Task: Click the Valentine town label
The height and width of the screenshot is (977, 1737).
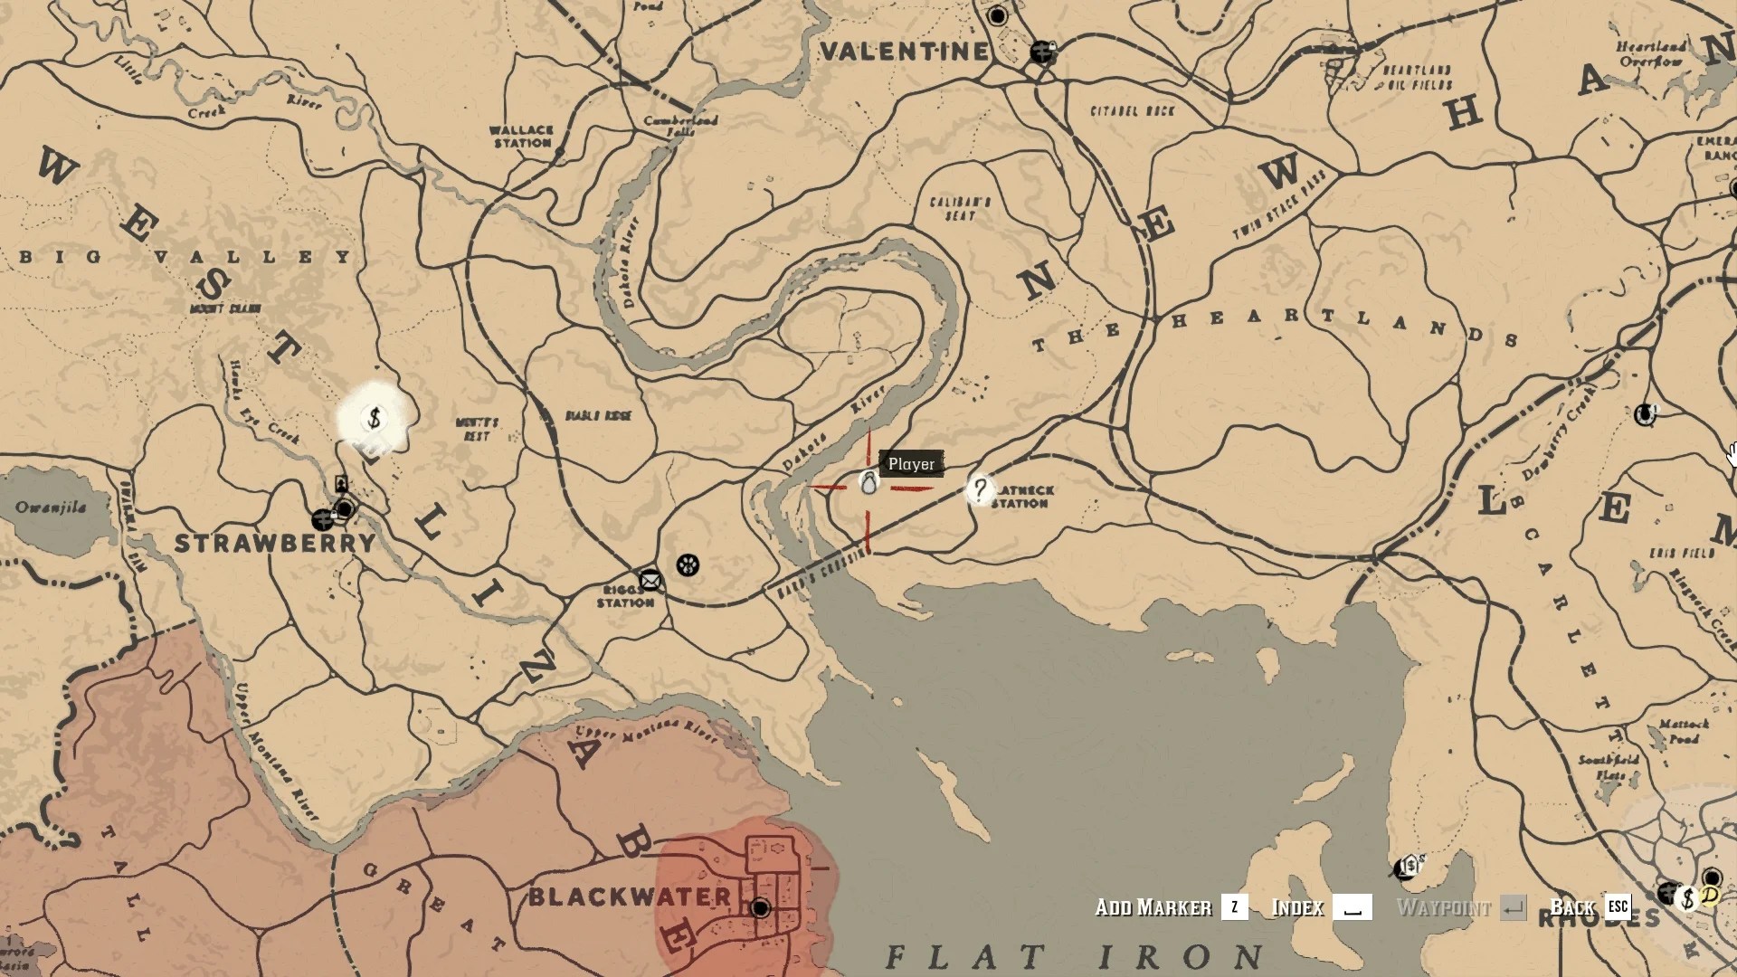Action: pyautogui.click(x=903, y=52)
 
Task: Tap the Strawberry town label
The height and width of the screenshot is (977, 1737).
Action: pyautogui.click(x=274, y=543)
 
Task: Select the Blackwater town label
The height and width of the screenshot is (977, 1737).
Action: pyautogui.click(x=630, y=897)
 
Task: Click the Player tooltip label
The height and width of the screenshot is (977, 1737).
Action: pyautogui.click(x=911, y=464)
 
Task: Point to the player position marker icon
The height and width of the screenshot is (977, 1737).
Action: pyautogui.click(x=868, y=484)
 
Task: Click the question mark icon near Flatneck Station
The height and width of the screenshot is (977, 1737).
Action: pyautogui.click(x=980, y=489)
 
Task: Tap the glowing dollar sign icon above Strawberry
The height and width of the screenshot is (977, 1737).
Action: pyautogui.click(x=375, y=419)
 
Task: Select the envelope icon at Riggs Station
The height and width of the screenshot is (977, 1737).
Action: pyautogui.click(x=650, y=580)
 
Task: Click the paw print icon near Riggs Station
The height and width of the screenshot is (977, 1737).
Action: pyautogui.click(x=688, y=565)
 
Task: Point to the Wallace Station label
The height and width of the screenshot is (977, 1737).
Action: pyautogui.click(x=521, y=137)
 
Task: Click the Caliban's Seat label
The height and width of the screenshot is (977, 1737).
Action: pyautogui.click(x=960, y=208)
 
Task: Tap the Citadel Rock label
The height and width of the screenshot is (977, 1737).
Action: pyautogui.click(x=1132, y=110)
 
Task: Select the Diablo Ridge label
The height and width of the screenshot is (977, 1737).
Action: pyautogui.click(x=598, y=415)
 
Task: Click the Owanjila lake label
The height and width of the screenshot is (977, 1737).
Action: pyautogui.click(x=51, y=507)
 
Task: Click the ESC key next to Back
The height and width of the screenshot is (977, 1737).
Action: pyautogui.click(x=1618, y=906)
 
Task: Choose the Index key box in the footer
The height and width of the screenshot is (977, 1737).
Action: pyautogui.click(x=1353, y=907)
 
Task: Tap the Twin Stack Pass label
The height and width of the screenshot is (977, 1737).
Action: pyautogui.click(x=1279, y=205)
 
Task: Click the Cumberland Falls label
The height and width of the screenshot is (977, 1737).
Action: pyautogui.click(x=680, y=125)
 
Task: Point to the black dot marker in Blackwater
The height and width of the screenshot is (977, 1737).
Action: pyautogui.click(x=760, y=907)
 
